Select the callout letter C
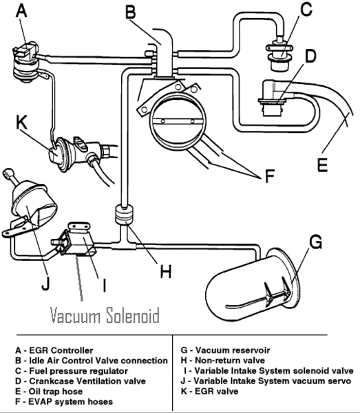tap(307, 11)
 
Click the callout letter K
tap(23, 123)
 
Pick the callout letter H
tap(165, 271)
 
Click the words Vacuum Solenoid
tap(105, 316)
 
